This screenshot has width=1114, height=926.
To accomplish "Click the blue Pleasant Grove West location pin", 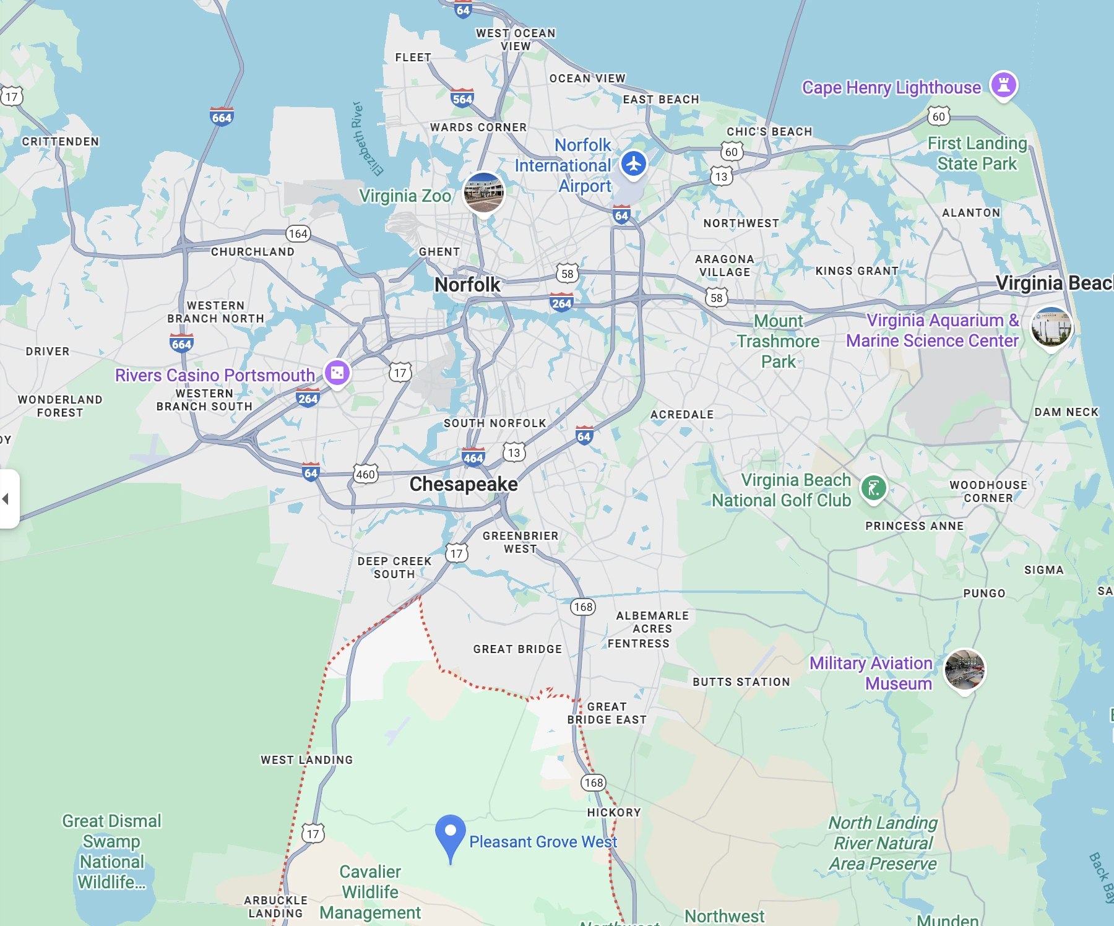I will pos(451,833).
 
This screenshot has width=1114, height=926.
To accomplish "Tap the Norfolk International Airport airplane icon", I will pos(633,164).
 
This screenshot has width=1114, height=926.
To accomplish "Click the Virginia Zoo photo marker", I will pos(484,192).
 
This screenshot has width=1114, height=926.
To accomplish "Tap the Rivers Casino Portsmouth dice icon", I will pos(337,373).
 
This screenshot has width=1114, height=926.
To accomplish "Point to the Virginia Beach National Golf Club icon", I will pos(873,488).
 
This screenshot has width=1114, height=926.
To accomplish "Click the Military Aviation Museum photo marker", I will pos(964,669).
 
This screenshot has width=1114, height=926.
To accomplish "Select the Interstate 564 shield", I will pos(462,98).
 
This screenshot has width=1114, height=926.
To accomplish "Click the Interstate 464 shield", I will pos(473,457).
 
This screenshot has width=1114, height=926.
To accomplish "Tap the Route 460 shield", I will pos(365,474).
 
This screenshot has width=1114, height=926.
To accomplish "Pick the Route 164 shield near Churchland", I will pos(298,233).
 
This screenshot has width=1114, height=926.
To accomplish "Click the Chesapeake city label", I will pos(464,484).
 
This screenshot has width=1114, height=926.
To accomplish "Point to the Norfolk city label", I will pos(467,285).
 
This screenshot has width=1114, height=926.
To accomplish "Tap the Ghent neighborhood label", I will pos(439,252).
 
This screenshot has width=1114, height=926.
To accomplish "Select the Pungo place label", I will pos(984,593).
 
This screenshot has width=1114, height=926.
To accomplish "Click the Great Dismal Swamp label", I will pos(111,851).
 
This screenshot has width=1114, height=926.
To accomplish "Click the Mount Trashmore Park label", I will pos(779,341).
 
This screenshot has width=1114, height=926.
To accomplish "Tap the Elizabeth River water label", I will pos(367,140).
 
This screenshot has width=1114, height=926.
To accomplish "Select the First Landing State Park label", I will pos(977,154).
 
